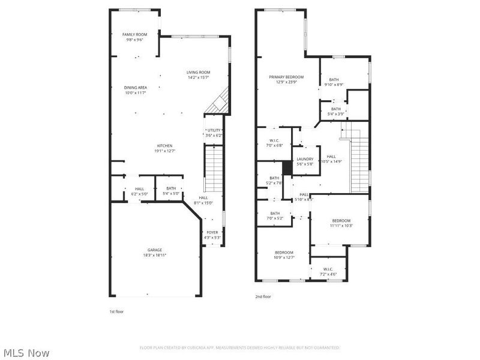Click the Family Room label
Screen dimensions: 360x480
(x=135, y=35)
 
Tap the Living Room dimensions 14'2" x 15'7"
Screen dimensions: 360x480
(x=199, y=77)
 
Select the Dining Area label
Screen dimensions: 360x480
(x=136, y=88)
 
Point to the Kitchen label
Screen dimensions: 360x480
(x=165, y=146)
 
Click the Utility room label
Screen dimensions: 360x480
(x=214, y=130)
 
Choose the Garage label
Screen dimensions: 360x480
(x=155, y=250)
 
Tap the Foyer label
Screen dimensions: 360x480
(x=213, y=232)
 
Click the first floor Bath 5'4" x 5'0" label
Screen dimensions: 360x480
(x=171, y=189)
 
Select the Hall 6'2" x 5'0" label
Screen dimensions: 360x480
(x=139, y=189)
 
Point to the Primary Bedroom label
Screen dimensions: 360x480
(x=286, y=77)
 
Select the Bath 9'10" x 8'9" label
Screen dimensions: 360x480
(x=334, y=80)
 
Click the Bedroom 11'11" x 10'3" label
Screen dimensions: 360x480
(x=341, y=221)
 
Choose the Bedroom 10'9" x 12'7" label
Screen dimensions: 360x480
(x=284, y=253)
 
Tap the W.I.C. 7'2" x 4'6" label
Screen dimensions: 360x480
(x=328, y=269)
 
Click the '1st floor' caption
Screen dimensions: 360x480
(x=116, y=311)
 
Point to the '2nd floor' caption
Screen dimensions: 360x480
(x=264, y=296)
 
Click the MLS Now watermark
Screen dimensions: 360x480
(x=26, y=353)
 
